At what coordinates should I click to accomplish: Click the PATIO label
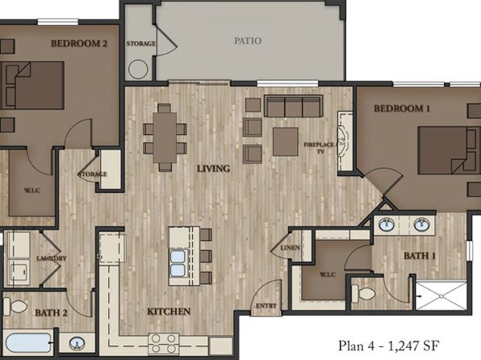click(x=248, y=41)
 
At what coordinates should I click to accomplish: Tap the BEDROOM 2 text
click(x=79, y=44)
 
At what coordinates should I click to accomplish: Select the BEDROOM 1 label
click(x=402, y=108)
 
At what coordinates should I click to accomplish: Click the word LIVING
click(x=214, y=169)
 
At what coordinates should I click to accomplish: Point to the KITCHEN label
click(x=169, y=312)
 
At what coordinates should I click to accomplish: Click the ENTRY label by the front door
click(x=266, y=306)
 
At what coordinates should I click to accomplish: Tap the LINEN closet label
click(x=291, y=247)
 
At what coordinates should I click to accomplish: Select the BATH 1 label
click(x=420, y=256)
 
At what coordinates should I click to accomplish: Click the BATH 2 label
click(x=51, y=312)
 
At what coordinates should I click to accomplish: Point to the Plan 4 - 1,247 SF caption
click(x=389, y=345)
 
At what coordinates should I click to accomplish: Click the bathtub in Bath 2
click(x=28, y=342)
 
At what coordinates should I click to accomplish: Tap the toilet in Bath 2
click(x=15, y=306)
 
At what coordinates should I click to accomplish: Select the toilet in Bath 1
click(x=363, y=293)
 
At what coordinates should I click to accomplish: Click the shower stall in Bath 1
click(x=441, y=295)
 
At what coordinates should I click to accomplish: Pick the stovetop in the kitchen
click(x=164, y=343)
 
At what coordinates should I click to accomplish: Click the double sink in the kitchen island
click(x=178, y=263)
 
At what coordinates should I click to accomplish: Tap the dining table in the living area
click(x=165, y=137)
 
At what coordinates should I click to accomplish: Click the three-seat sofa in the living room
click(x=294, y=107)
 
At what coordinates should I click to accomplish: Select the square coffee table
click(x=286, y=141)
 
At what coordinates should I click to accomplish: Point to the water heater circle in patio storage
click(x=138, y=69)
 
